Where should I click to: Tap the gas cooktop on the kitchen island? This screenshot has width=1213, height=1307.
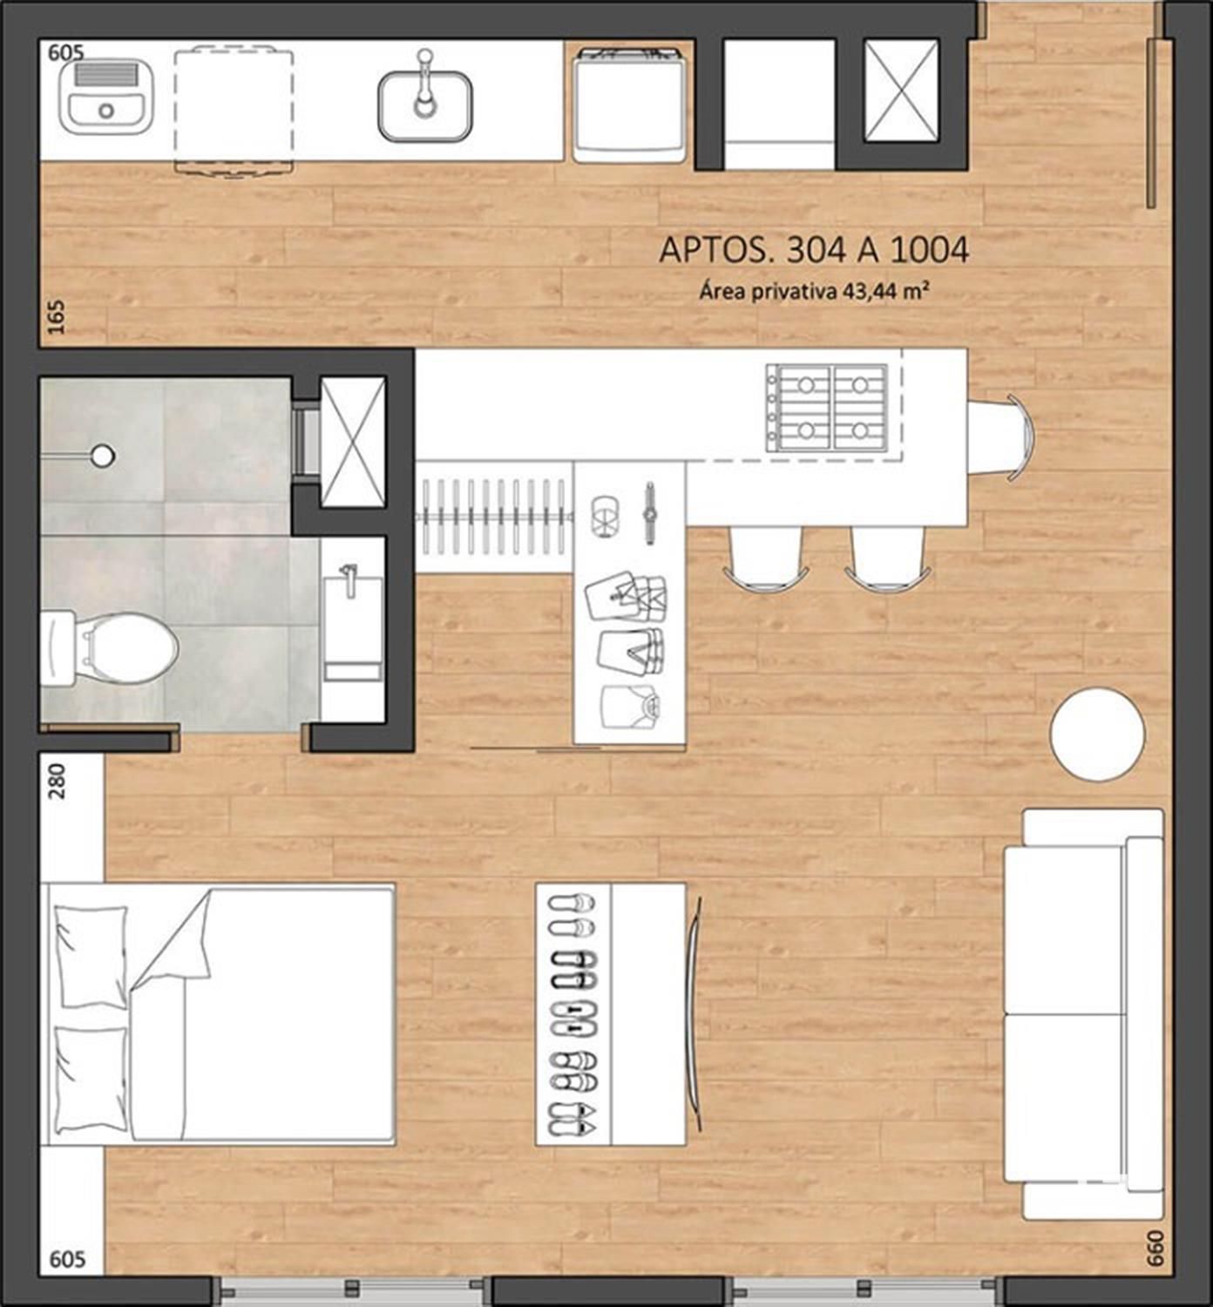827,408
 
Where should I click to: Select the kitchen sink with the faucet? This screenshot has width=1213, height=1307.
425,98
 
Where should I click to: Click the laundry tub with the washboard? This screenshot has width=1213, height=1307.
106,97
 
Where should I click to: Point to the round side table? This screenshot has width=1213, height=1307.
1097,735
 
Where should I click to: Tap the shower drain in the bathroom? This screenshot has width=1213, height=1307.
103,455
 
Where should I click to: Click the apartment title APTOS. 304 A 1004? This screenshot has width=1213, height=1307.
814,251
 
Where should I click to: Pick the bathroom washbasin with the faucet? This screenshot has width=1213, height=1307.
354,621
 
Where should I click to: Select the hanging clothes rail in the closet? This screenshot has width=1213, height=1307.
493,517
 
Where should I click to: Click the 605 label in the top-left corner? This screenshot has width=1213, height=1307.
66,52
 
